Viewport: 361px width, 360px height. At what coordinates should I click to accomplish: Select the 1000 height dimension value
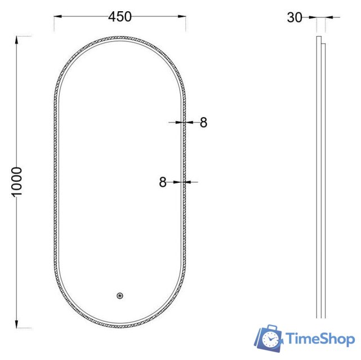(x=17, y=181)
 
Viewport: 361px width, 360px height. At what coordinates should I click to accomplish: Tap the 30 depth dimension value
(x=295, y=17)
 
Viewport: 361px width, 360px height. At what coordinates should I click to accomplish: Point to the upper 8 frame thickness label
(x=203, y=122)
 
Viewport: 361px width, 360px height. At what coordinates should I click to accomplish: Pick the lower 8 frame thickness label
(x=163, y=182)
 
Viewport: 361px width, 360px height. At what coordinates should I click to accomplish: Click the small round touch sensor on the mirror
(x=119, y=295)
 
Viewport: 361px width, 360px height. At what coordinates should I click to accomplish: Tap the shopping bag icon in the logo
(x=268, y=339)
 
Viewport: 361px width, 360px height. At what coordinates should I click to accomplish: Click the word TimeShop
(x=320, y=339)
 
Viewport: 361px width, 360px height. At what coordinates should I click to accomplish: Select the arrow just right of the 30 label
(x=312, y=18)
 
